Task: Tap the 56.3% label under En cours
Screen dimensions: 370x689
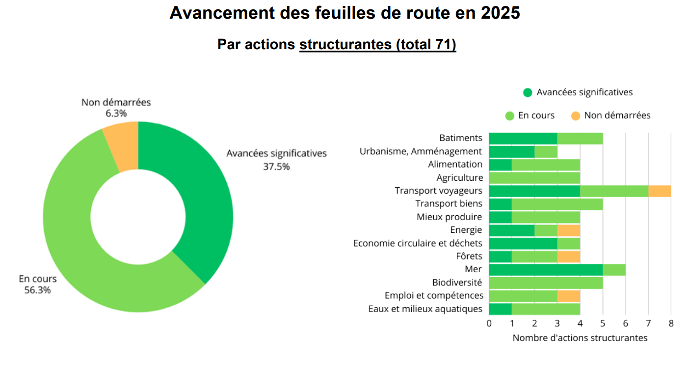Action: (x=37, y=290)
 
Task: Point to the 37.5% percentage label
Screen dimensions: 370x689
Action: (x=276, y=167)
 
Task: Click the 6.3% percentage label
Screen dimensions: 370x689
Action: (x=116, y=114)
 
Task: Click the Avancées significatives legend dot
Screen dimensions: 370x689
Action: (x=528, y=92)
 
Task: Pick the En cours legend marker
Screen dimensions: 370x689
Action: (x=509, y=115)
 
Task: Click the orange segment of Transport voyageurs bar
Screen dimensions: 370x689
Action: (x=660, y=191)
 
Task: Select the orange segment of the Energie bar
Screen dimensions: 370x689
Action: (x=569, y=230)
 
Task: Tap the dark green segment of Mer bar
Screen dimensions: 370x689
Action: (x=546, y=269)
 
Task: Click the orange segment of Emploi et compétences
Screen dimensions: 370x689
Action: (x=569, y=296)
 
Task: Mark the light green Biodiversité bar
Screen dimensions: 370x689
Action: (x=546, y=283)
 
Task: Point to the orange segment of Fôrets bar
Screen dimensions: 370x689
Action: (x=569, y=256)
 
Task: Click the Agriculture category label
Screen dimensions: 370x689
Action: (x=459, y=178)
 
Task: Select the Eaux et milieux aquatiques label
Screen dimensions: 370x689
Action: (x=425, y=309)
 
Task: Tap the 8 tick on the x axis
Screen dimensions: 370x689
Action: (x=671, y=323)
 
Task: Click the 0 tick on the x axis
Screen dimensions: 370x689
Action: (x=489, y=323)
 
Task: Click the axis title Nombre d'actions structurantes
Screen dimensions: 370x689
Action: (x=580, y=338)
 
